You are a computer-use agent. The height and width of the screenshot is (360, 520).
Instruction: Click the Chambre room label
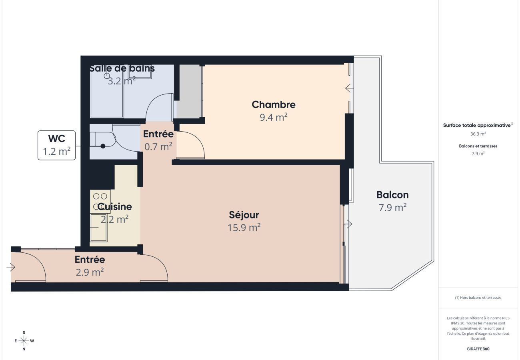tap(274, 105)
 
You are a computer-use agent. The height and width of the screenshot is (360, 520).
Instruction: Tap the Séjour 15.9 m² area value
tap(244, 228)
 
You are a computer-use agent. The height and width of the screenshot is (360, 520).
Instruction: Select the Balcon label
tap(392, 195)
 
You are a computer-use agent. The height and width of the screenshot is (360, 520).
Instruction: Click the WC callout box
tap(56, 145)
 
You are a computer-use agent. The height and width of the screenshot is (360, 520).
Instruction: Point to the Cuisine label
tap(115, 207)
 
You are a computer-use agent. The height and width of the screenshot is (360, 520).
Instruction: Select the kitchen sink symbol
tap(98, 228)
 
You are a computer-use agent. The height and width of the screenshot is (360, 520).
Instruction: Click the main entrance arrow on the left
tap(11, 267)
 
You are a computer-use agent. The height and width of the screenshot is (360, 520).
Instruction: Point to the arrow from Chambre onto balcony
tap(349, 88)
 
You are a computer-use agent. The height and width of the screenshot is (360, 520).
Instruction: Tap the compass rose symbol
tap(24, 341)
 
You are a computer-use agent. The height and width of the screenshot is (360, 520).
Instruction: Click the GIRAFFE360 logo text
tap(478, 349)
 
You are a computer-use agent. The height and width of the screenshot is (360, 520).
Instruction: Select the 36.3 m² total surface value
tap(478, 134)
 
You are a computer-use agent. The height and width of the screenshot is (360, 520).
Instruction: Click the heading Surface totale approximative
tap(478, 125)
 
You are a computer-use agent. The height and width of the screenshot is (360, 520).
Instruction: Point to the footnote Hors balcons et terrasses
tap(478, 298)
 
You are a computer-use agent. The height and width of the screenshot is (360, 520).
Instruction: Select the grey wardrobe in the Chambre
tap(189, 91)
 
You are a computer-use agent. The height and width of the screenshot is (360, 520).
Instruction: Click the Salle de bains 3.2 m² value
tap(122, 81)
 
